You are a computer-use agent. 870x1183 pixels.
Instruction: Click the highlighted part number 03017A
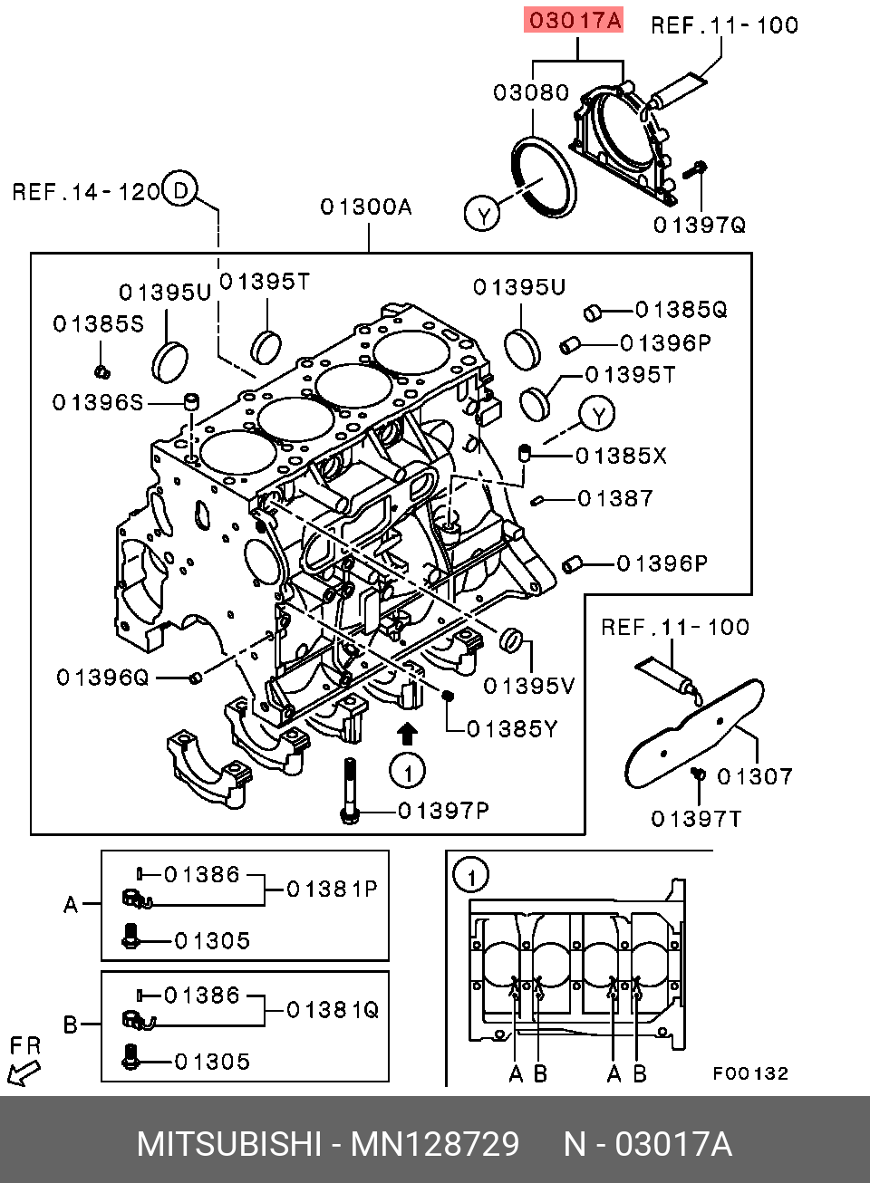[x=575, y=20]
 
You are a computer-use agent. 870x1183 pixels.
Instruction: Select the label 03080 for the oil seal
[x=531, y=92]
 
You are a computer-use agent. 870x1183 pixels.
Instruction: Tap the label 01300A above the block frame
[x=366, y=207]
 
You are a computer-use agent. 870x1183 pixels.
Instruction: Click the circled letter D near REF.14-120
[x=181, y=189]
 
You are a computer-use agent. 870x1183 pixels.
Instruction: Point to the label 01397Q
[x=700, y=225]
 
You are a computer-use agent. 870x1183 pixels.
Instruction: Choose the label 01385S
[x=98, y=323]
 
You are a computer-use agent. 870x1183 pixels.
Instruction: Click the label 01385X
[x=621, y=456]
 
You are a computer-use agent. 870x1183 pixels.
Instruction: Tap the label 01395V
[x=529, y=686]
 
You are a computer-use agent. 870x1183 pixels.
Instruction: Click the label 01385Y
[x=512, y=728]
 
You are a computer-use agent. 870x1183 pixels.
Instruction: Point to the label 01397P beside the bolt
[x=443, y=810]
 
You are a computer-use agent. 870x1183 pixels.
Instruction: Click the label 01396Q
[x=101, y=678]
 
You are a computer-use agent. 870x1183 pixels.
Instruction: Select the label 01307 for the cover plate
[x=755, y=776]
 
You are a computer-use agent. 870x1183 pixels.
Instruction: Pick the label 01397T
[x=696, y=820]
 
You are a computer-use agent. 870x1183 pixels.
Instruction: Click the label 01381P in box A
[x=332, y=890]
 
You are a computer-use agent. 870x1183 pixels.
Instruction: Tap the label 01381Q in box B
[x=333, y=1009]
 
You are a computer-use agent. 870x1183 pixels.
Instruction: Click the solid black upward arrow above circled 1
[x=408, y=732]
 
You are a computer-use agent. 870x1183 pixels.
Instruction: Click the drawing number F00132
[x=750, y=1074]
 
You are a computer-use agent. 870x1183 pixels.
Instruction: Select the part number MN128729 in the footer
[x=435, y=1144]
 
